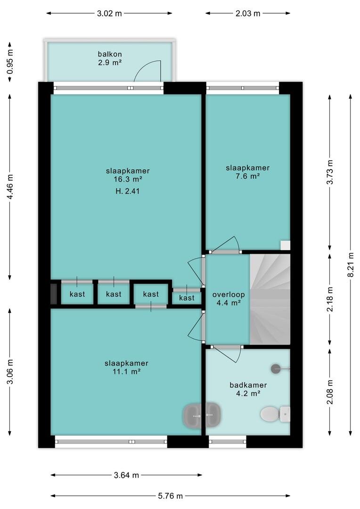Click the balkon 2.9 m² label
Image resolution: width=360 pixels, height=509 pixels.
[110, 58]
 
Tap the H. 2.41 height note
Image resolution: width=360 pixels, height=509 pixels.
[128, 191]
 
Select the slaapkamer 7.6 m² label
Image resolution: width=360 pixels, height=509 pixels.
[248, 172]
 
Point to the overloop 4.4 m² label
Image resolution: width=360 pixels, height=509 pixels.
[229, 299]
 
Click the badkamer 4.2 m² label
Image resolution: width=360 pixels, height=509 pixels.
[248, 389]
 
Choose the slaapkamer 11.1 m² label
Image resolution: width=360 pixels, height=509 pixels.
[126, 368]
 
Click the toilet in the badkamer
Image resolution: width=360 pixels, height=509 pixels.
[275, 414]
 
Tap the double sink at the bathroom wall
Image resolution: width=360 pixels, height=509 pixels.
[202, 415]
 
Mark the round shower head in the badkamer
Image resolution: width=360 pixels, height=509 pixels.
[276, 369]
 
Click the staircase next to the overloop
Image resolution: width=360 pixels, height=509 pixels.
[270, 299]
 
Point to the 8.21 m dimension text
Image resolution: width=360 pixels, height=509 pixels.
[351, 265]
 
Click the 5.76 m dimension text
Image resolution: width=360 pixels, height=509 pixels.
[171, 496]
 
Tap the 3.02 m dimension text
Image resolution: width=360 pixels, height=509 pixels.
[109, 13]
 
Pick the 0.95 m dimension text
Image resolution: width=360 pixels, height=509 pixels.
[10, 61]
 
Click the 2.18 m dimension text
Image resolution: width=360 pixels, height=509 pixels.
[330, 299]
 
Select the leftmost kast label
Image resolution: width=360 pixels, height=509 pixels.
[77, 294]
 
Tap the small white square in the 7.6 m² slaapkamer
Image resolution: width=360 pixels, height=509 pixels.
[286, 246]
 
